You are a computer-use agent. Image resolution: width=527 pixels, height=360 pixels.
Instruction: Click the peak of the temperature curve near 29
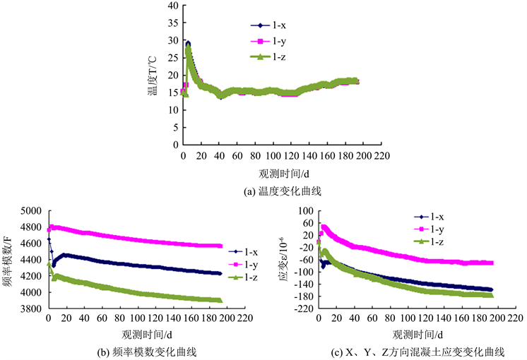pyautogui.click(x=187, y=44)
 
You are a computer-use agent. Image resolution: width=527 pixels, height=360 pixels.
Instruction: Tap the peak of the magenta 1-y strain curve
pyautogui.click(x=324, y=227)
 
